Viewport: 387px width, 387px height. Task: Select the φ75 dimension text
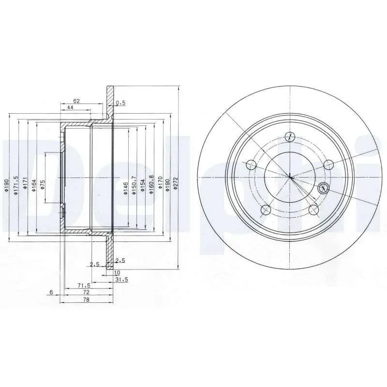pos(42,184)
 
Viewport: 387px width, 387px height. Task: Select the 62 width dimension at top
pos(76,101)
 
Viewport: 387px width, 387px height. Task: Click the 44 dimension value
pos(70,107)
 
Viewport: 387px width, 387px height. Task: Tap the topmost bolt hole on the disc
pos(290,136)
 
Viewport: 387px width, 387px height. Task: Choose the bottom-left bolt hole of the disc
pos(265,210)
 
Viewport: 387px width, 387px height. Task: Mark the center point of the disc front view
pos(290,177)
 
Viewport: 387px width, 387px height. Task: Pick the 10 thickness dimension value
pos(117,273)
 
